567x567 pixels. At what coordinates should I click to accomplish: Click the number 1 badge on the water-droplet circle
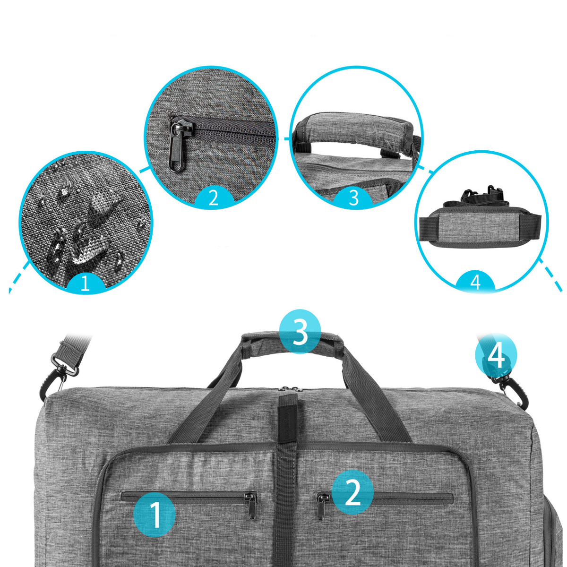(85, 283)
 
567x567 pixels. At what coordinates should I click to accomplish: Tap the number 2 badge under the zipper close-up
(214, 198)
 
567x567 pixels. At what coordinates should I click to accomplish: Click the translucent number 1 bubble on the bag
(155, 515)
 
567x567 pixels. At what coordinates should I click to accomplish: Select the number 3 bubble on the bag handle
(300, 331)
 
